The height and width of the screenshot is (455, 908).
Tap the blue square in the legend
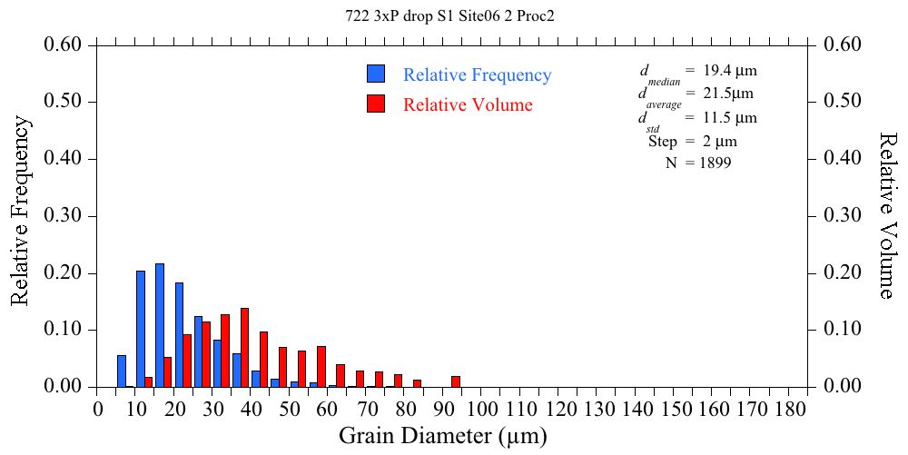click(376, 74)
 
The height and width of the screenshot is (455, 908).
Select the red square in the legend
click(376, 104)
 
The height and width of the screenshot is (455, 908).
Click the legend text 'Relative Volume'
click(468, 104)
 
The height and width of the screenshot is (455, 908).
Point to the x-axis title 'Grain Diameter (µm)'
click(443, 436)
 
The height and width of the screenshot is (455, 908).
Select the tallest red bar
click(244, 347)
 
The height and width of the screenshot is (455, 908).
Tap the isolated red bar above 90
click(456, 381)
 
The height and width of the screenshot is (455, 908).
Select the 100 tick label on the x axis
click(482, 409)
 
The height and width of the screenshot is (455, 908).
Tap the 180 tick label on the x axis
click(789, 409)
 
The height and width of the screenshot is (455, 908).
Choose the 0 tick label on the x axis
click(98, 409)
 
